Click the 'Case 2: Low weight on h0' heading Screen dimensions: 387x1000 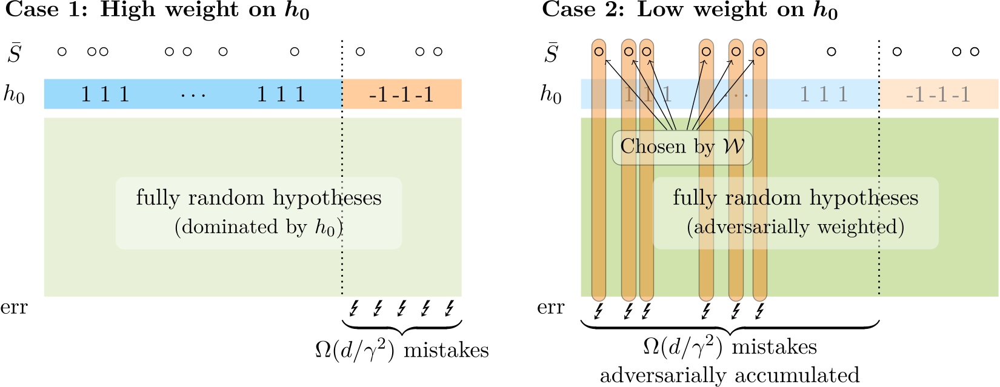tap(690, 10)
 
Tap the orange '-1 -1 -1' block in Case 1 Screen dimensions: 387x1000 tap(401, 94)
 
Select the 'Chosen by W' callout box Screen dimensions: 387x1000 tap(682, 147)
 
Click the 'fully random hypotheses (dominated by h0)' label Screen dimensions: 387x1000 tap(259, 212)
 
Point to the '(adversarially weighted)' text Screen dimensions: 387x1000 tap(795, 227)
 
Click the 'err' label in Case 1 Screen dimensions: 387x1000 tap(14, 308)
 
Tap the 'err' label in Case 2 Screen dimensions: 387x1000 tap(551, 308)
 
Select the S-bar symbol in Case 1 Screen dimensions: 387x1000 tap(15, 53)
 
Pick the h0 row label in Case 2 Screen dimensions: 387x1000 tap(551, 94)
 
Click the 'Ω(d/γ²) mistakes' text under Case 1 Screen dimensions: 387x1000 tap(402, 350)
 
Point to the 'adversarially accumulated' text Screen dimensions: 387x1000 tap(730, 375)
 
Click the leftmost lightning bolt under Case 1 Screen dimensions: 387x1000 tap(354, 308)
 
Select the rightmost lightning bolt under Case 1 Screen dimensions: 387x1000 tap(449, 308)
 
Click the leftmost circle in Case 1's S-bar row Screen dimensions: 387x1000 tap(62, 51)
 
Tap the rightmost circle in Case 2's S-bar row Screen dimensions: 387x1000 tap(975, 51)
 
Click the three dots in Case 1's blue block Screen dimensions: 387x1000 tap(193, 95)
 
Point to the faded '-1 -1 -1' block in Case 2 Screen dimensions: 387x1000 tap(938, 94)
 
